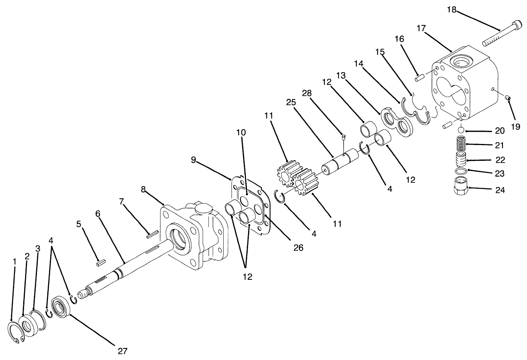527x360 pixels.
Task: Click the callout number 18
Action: point(452,10)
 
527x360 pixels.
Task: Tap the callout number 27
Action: point(123,351)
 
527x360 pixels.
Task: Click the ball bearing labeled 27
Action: point(61,305)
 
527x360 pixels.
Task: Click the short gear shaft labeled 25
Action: point(340,163)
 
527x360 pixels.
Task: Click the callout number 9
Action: point(193,160)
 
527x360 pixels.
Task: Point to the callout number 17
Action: point(421,28)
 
